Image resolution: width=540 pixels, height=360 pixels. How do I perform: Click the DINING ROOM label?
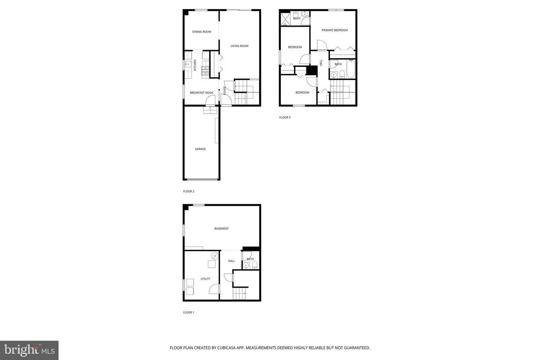202,32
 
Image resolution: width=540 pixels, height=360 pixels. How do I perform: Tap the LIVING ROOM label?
239,46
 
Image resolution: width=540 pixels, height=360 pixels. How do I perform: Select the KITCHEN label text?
195,65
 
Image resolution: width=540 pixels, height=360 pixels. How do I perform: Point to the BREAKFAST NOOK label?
201,93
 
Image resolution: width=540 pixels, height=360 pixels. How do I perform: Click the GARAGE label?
200,149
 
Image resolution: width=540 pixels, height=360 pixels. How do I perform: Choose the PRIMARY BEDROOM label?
334,30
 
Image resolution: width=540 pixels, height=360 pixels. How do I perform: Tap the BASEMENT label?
221,229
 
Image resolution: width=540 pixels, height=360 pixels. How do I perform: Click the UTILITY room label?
205,279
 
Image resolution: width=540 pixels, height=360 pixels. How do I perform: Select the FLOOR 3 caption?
285,118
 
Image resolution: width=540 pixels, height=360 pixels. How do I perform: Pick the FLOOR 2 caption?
189,192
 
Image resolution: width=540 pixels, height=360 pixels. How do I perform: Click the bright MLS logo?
29,350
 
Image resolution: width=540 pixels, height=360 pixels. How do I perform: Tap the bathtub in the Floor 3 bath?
351,69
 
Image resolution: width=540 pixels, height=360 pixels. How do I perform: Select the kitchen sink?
188,64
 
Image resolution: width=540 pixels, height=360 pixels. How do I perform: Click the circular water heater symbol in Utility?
215,256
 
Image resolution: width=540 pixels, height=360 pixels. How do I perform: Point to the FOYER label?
225,90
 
